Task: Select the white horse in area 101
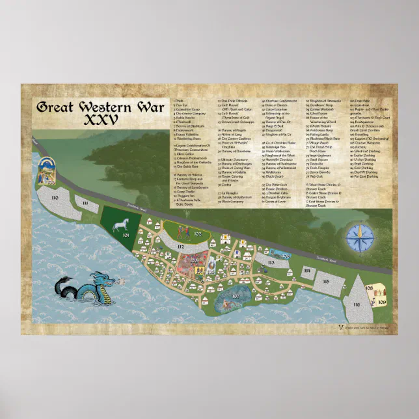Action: point(119,226)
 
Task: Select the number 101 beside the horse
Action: point(126,236)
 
